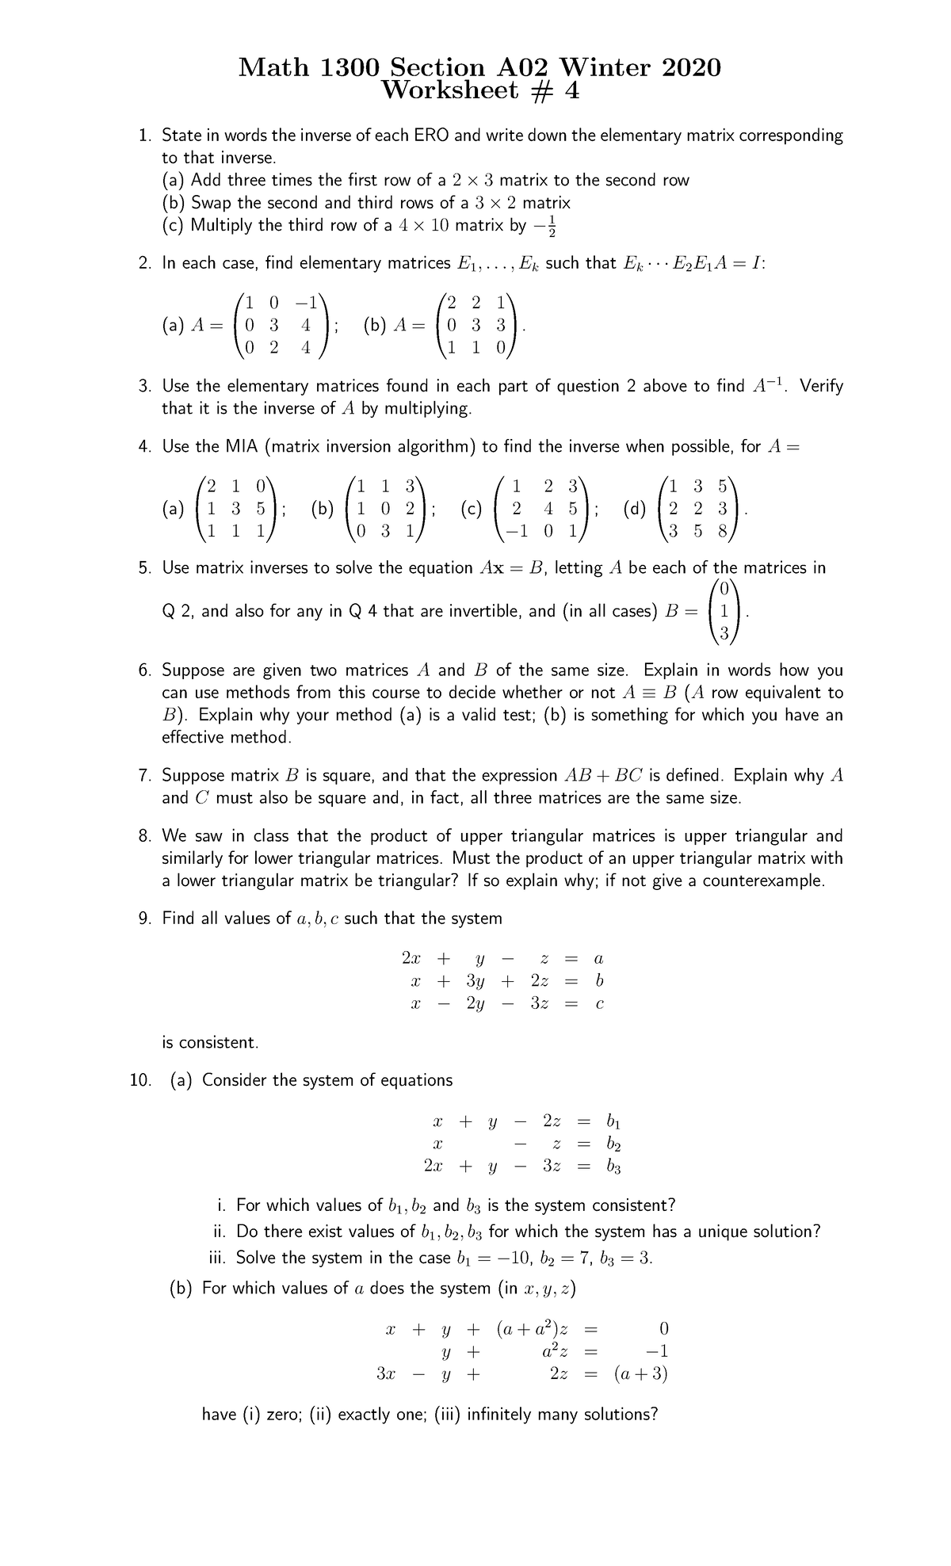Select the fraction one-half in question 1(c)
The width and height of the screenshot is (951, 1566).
pos(552,225)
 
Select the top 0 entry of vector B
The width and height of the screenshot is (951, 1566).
pos(724,588)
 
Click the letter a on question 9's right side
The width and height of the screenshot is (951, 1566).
pos(598,958)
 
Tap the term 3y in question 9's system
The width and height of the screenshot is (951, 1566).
pos(475,980)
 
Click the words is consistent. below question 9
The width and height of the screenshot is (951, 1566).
pos(210,1042)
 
